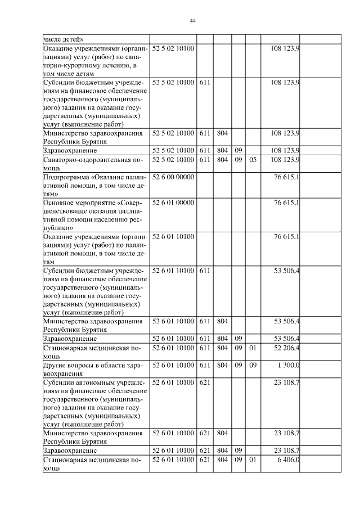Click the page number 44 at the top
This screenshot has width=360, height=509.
tap(192, 20)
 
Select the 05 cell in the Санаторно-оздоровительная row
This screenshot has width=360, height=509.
tap(253, 160)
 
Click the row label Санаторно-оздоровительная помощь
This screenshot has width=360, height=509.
tap(92, 164)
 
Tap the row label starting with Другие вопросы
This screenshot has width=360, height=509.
tap(92, 369)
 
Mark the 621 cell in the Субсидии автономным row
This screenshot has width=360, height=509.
tap(205, 382)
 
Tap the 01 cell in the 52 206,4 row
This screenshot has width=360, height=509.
tap(253, 348)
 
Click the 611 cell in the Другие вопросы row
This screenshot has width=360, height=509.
tap(205, 366)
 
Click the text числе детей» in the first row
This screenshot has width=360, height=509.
tap(64, 39)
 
